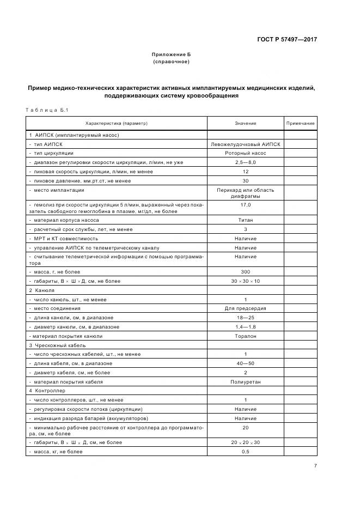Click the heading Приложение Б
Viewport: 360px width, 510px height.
(171, 55)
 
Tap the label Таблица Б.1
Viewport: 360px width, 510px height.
(46, 111)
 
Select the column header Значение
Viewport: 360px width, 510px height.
(245, 124)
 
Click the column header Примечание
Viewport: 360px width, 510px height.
(301, 124)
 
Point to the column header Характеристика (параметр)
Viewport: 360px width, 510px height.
(117, 124)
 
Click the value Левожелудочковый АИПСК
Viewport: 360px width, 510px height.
(245, 144)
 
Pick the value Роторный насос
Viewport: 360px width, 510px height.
(245, 154)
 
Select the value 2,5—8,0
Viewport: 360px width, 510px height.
(245, 162)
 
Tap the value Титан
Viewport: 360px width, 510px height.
(245, 220)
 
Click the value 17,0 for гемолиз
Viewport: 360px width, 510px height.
(245, 205)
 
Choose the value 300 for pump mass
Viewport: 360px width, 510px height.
(245, 271)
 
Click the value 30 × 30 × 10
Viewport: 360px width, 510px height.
(245, 281)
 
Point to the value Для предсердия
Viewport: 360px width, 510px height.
(245, 308)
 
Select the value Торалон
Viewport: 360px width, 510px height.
(245, 336)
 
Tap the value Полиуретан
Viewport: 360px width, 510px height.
(245, 382)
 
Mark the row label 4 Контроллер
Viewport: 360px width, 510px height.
(47, 391)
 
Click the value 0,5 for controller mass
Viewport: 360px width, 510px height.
(245, 452)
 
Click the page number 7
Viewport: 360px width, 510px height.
(315, 466)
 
